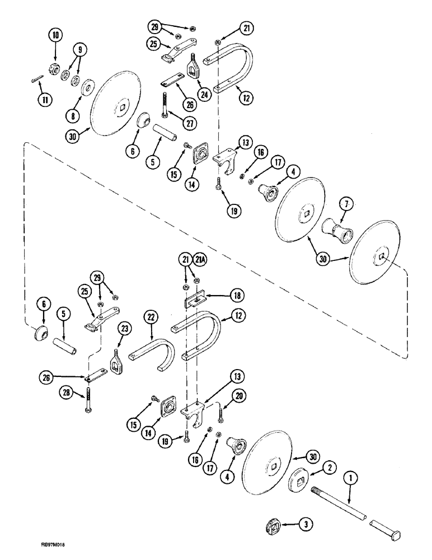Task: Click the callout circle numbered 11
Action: (43, 101)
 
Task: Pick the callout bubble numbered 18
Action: (235, 295)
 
